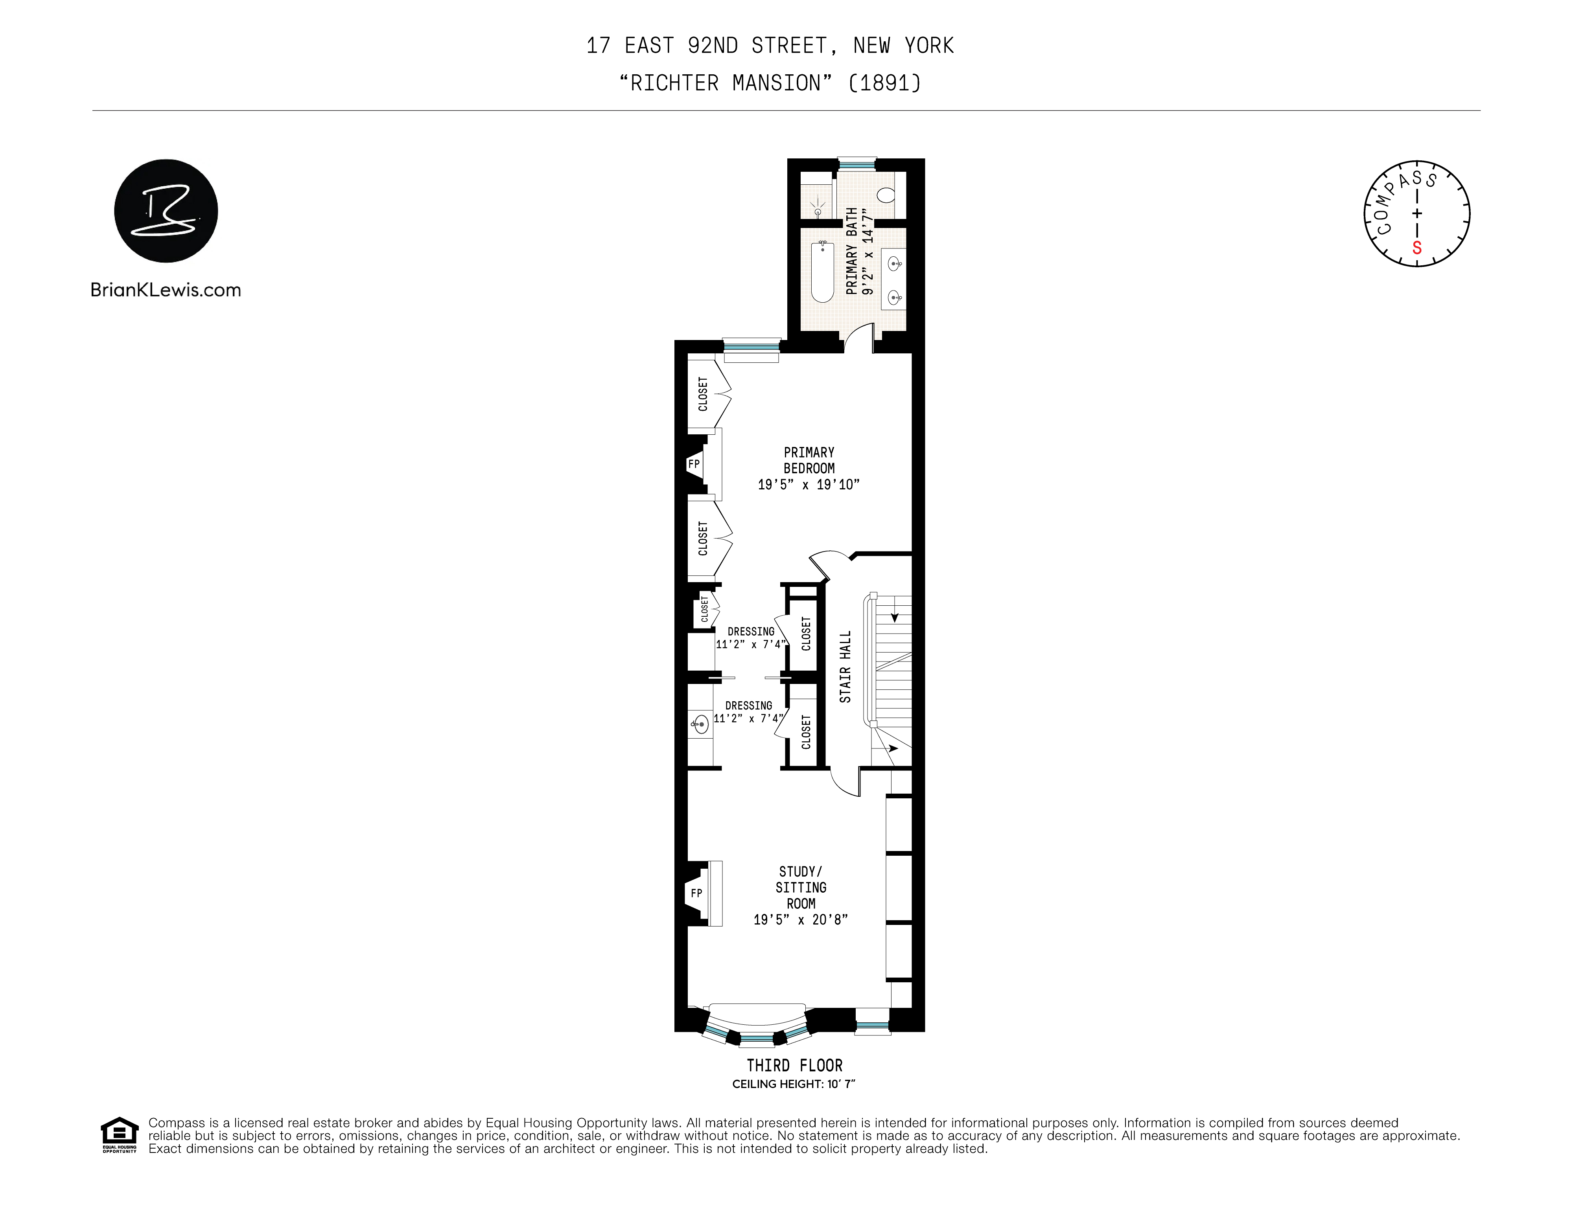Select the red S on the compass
(x=1417, y=248)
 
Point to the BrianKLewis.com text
(x=166, y=290)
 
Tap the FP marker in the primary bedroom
(x=694, y=464)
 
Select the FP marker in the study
(x=696, y=893)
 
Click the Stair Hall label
(x=845, y=667)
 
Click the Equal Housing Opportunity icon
(x=119, y=1135)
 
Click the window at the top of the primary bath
(x=857, y=165)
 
